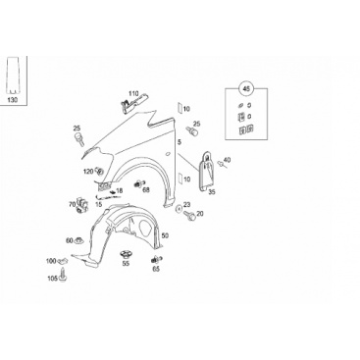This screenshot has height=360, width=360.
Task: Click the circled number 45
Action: click(x=246, y=88)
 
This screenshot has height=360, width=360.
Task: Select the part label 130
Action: click(x=12, y=100)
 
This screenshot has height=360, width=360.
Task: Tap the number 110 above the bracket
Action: click(x=133, y=93)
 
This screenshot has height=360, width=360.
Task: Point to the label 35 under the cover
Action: click(x=212, y=192)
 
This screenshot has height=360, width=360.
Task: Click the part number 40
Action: click(x=227, y=160)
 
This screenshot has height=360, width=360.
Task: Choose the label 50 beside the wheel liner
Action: click(x=165, y=235)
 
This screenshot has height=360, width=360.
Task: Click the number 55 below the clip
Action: click(x=126, y=264)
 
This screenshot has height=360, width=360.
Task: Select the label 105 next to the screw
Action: click(x=52, y=278)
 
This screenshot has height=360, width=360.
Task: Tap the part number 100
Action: click(x=51, y=261)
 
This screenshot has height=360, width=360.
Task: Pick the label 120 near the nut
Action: click(x=88, y=171)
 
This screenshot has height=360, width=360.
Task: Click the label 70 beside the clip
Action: click(x=72, y=205)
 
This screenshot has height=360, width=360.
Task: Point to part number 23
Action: click(x=186, y=205)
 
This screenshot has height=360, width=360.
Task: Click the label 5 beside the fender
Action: click(x=180, y=142)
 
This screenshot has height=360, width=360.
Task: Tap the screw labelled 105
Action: click(x=63, y=275)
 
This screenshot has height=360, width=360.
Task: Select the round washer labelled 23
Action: click(x=180, y=208)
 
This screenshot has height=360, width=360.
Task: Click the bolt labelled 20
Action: click(x=190, y=215)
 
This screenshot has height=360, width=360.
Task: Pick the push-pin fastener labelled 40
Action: click(x=221, y=164)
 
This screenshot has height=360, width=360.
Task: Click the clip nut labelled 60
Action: click(x=78, y=241)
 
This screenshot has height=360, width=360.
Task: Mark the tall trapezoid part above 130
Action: click(x=12, y=76)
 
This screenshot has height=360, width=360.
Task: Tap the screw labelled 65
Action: click(x=156, y=260)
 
